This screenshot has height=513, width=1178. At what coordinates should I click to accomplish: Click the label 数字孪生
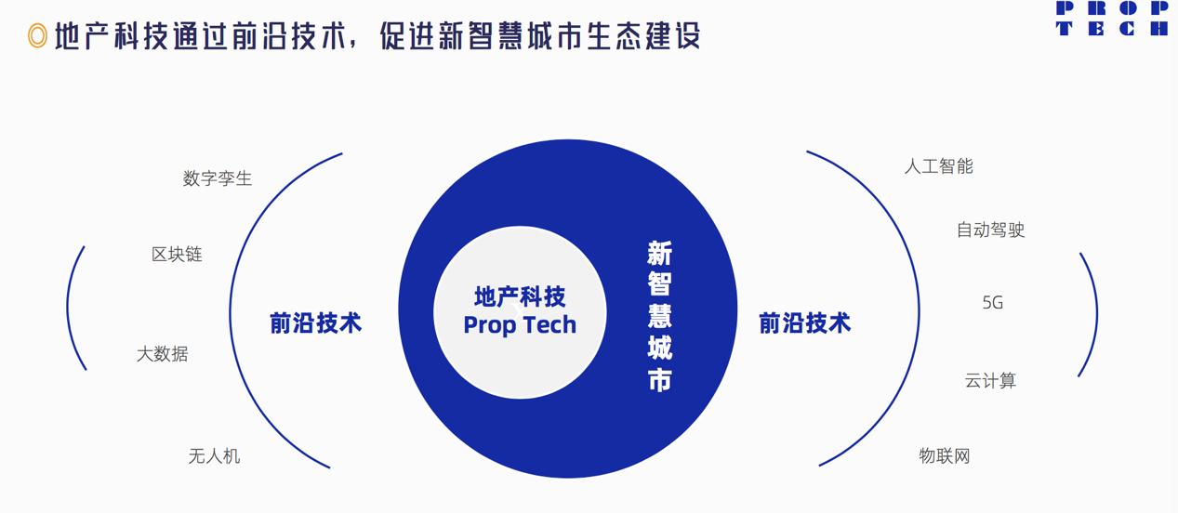(x=218, y=178)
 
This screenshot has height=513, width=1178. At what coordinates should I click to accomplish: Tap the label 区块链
(x=177, y=254)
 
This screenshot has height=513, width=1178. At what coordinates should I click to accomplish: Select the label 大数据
(x=163, y=353)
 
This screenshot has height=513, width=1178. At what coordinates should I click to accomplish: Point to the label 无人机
(x=214, y=455)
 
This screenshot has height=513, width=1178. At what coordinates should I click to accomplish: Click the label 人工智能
(x=938, y=166)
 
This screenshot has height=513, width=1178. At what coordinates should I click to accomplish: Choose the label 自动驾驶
(x=990, y=230)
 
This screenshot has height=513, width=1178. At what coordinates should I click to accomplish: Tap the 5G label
(x=992, y=302)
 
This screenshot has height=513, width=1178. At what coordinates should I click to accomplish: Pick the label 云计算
(x=990, y=380)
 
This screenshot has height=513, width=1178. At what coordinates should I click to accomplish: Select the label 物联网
(x=945, y=455)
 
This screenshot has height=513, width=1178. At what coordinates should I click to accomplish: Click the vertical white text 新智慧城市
(x=659, y=316)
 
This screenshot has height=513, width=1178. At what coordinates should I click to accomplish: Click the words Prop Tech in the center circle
(x=520, y=325)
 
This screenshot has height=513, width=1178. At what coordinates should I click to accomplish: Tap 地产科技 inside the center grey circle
(x=520, y=296)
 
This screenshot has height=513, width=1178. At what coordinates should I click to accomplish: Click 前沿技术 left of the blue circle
(x=315, y=322)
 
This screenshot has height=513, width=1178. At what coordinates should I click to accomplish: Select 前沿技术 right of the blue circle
(x=804, y=322)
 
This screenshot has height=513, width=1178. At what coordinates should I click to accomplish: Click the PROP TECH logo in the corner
(x=1112, y=18)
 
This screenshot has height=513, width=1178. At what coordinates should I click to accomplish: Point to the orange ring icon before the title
(x=37, y=36)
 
